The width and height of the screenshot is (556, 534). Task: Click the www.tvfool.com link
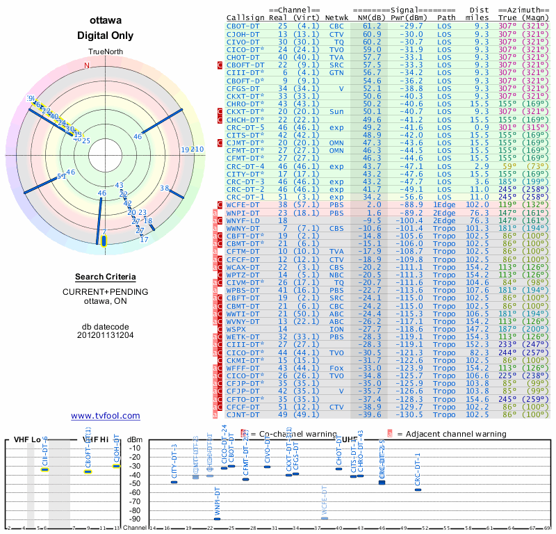(106, 416)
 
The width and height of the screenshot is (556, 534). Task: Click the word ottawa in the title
(106, 22)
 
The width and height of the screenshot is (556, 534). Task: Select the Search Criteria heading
(106, 277)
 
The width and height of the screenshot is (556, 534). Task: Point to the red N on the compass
(87, 65)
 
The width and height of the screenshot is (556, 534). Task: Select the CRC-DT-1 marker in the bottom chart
(418, 489)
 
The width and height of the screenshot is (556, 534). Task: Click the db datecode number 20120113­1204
(106, 335)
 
